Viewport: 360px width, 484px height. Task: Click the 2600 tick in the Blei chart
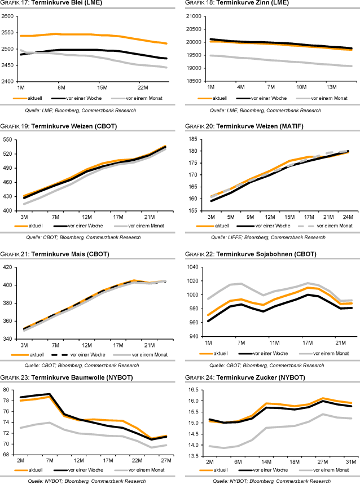tap(8, 16)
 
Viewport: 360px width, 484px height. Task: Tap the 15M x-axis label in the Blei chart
tap(103, 87)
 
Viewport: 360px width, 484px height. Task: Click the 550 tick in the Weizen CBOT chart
tap(8, 139)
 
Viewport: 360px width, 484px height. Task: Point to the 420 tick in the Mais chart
tap(8, 267)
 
